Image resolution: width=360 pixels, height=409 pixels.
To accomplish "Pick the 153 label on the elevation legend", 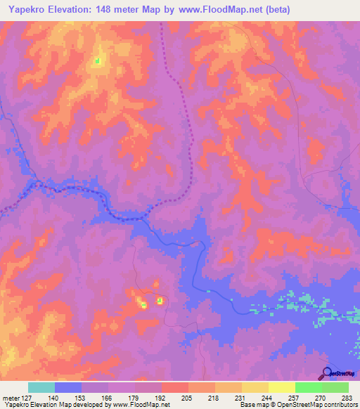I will (x=82, y=397).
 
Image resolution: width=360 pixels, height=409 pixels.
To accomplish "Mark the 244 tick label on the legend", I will (x=269, y=397).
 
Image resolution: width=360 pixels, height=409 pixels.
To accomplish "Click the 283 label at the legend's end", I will (x=348, y=397).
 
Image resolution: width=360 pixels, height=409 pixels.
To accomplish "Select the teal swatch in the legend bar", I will (x=41, y=387).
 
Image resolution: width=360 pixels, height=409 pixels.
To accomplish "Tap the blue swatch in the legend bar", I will (x=68, y=387).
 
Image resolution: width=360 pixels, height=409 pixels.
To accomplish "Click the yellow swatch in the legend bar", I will (x=282, y=387).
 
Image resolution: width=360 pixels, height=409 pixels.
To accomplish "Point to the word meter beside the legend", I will (x=10, y=397).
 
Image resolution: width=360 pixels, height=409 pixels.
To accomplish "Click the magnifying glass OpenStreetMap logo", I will (x=328, y=374).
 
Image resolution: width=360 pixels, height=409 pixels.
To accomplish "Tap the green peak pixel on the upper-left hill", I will (x=97, y=60).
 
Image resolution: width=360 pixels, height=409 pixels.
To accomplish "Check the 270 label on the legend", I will (x=321, y=397).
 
